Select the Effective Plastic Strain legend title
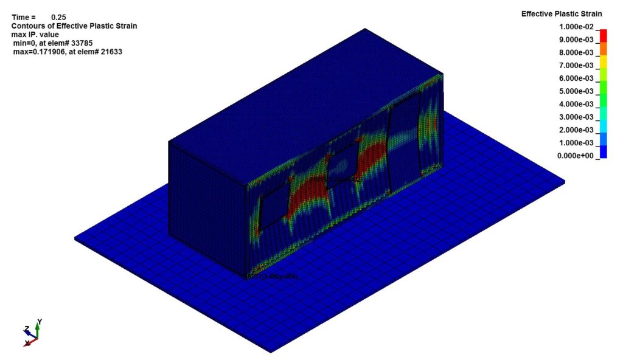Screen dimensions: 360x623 coord(562,13)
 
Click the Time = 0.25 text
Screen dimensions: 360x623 coord(39,17)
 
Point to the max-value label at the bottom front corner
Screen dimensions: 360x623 coord(274,276)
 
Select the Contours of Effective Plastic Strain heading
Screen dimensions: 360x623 coord(74,26)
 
